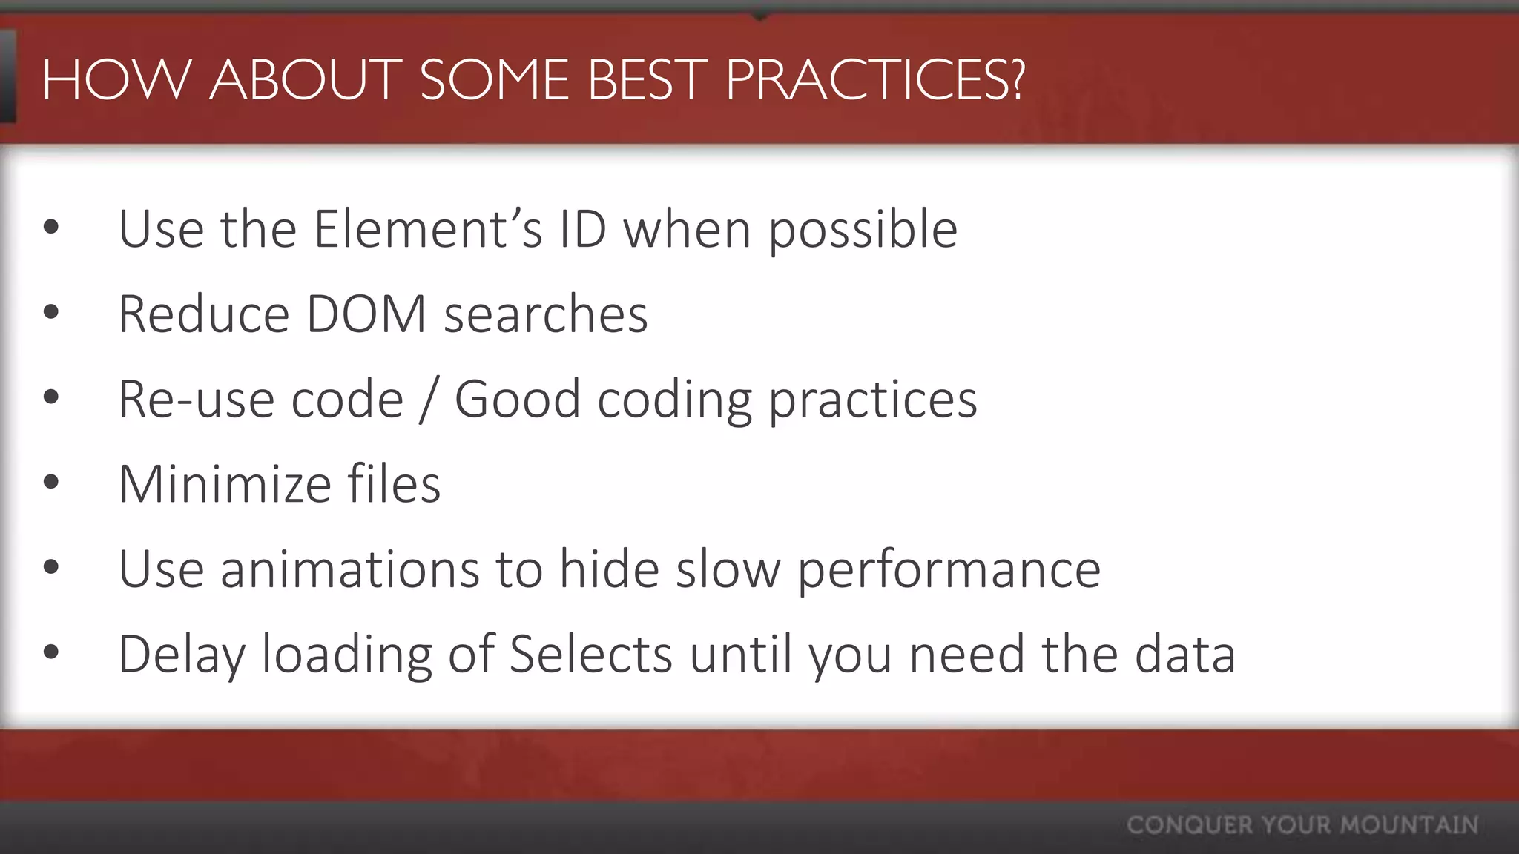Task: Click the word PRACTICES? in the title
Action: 875,79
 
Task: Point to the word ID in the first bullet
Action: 582,229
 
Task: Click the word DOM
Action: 366,314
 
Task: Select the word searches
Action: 546,314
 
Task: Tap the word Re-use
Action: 197,400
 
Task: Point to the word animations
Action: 350,570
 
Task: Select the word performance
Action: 949,570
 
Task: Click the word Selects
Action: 591,655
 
